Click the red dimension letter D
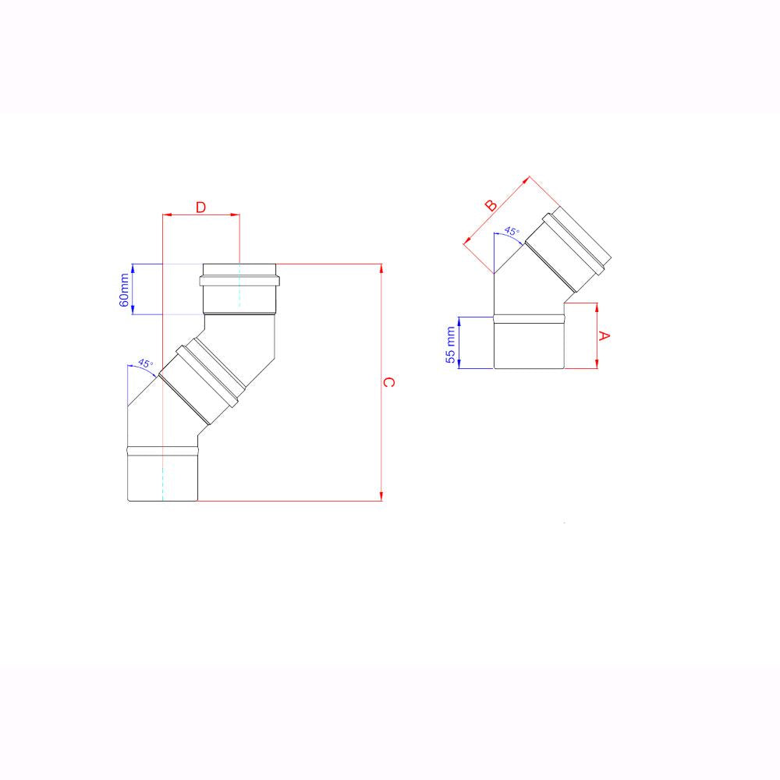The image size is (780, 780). click(x=200, y=207)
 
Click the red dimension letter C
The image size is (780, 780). click(x=391, y=382)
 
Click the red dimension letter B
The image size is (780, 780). click(x=491, y=206)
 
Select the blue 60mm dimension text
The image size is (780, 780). click(x=125, y=290)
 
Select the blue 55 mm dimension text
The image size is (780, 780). click(x=451, y=342)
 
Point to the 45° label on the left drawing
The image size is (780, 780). click(x=145, y=363)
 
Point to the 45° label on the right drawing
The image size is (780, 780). click(x=511, y=231)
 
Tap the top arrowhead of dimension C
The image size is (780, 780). click(x=381, y=269)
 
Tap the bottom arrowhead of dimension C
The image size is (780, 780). click(x=381, y=495)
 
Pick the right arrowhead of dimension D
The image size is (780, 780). click(x=235, y=214)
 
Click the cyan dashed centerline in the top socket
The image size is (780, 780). click(x=239, y=289)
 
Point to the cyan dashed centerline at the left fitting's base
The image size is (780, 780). click(x=161, y=480)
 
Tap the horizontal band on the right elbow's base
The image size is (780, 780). click(x=529, y=317)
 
